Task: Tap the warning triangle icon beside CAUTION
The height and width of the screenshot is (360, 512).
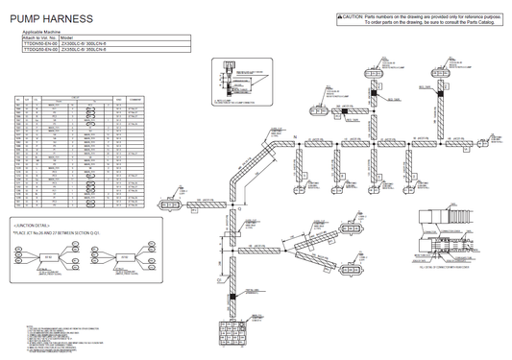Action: [x=339, y=17]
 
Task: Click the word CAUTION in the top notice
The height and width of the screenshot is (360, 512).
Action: [x=353, y=17]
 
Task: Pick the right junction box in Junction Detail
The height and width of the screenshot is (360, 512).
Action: [x=124, y=257]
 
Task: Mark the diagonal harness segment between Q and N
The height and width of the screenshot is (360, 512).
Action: [x=253, y=168]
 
